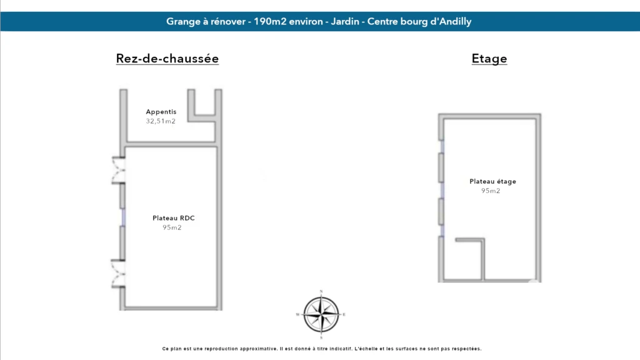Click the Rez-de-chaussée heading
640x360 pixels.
(x=167, y=58)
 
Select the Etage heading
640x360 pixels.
(x=489, y=58)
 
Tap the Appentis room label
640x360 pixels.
(x=161, y=112)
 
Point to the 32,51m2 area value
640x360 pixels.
(x=161, y=121)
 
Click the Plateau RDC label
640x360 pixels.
(x=174, y=218)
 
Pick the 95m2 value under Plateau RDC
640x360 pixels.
(x=172, y=227)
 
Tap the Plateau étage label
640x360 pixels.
(x=492, y=181)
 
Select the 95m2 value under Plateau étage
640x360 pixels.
(x=491, y=191)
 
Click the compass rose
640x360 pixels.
(x=321, y=314)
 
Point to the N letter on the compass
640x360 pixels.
(x=321, y=291)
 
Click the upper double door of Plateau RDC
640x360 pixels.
(x=118, y=170)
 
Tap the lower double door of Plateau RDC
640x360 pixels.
(x=118, y=274)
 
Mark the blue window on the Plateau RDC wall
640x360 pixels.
(x=123, y=217)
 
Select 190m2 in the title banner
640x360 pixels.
(x=270, y=22)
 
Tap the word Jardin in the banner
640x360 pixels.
(x=345, y=22)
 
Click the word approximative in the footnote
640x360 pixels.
(x=258, y=349)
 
